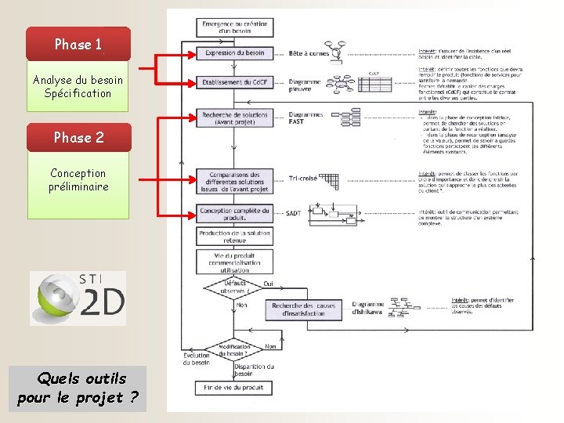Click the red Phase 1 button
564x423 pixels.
pos(78,45)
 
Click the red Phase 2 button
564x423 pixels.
pos(78,137)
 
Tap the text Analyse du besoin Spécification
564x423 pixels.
pos(78,87)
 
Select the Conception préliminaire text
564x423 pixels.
pos(78,179)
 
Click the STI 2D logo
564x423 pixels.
pos(78,298)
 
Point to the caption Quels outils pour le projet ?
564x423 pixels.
pos(78,389)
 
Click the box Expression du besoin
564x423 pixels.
pos(234,53)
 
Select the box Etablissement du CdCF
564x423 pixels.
pos(234,82)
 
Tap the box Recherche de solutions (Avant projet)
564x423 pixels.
pos(234,118)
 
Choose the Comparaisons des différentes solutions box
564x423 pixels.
pos(234,181)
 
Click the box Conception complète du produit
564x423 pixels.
pos(234,214)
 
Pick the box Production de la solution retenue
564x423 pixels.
pos(234,237)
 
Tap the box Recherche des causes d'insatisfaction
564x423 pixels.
pos(305,309)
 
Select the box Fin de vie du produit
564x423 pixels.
pos(234,388)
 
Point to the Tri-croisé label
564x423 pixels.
pos(303,179)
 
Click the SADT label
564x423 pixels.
pos(294,213)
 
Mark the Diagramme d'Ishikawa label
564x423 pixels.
pos(367,309)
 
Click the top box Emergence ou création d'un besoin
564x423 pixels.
pos(234,27)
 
